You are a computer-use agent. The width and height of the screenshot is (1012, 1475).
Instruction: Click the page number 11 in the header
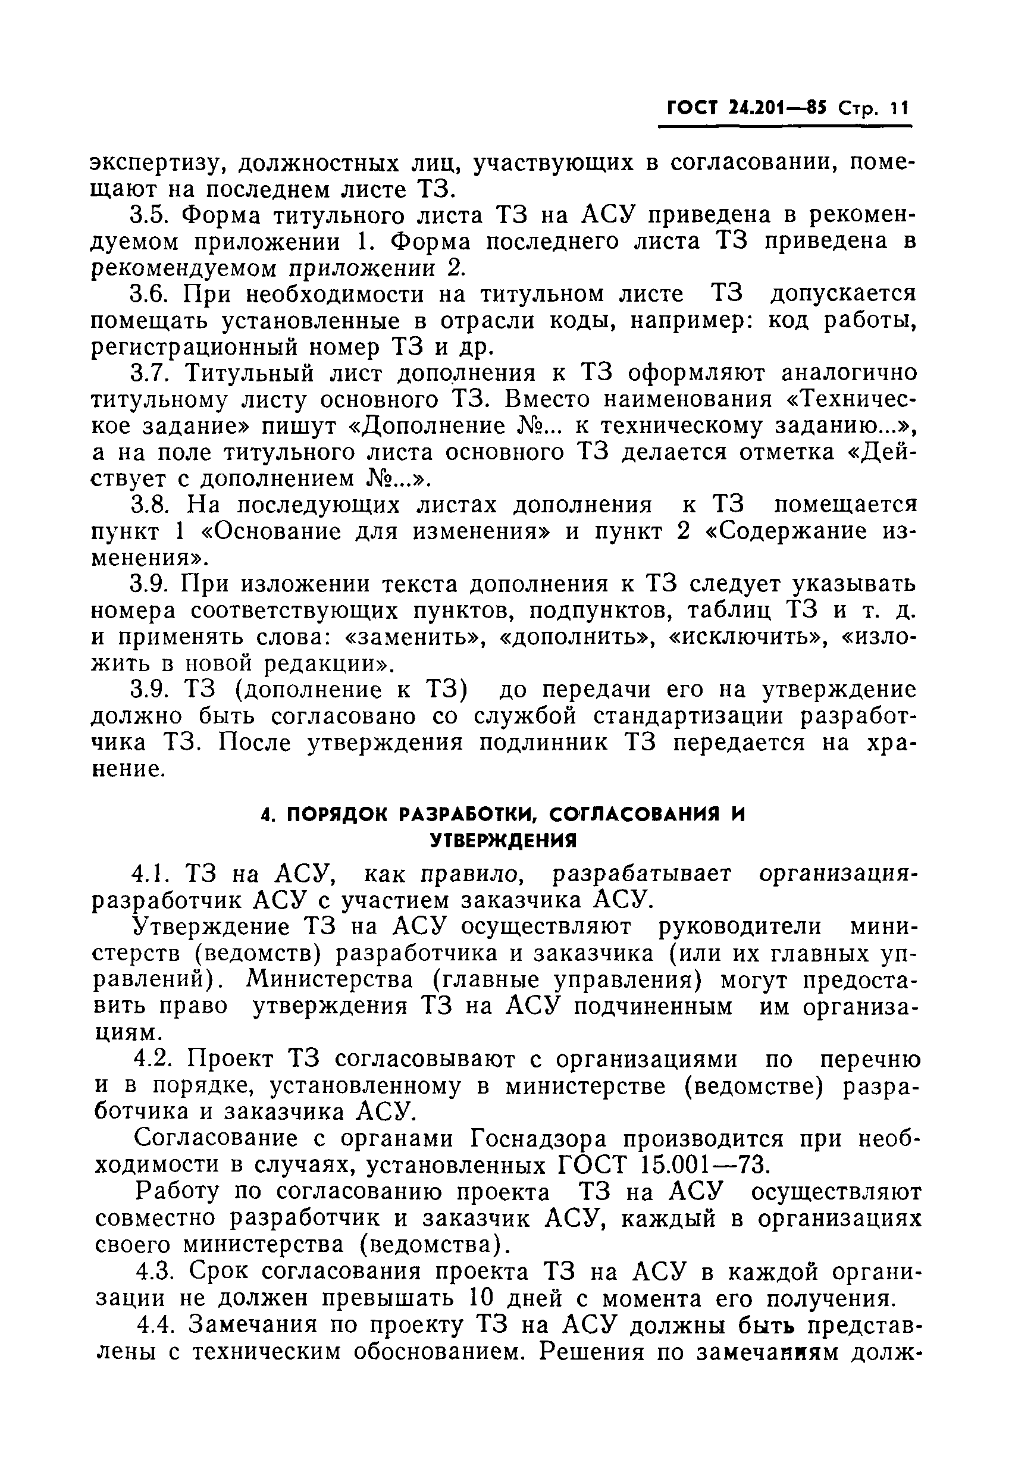[899, 108]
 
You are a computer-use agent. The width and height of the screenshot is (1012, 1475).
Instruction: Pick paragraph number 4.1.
[152, 875]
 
